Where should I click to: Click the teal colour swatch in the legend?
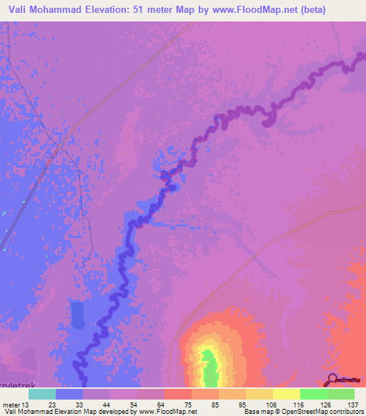point(42,394)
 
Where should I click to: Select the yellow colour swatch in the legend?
point(286,394)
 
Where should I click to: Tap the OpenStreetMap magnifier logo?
point(333,380)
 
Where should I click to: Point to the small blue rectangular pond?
point(77,315)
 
